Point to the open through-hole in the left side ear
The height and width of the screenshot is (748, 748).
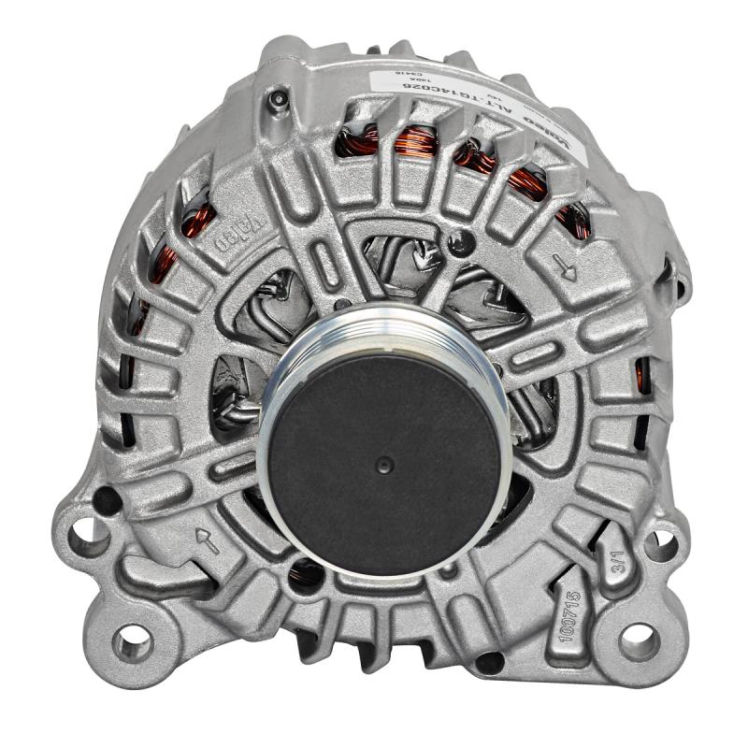(x=90, y=534)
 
